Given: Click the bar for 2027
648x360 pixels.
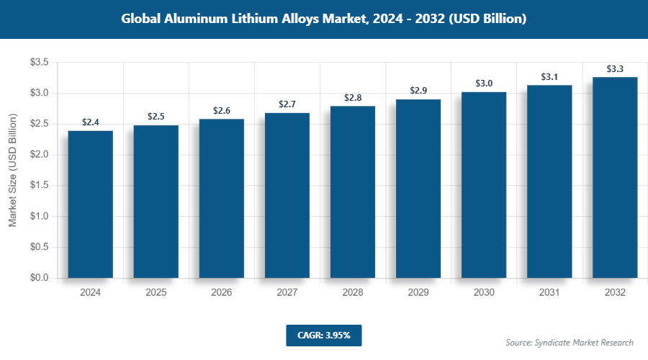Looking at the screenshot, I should (287, 195).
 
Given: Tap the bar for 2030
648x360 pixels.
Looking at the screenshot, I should (484, 184).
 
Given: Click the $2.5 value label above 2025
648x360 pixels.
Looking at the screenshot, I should (156, 116).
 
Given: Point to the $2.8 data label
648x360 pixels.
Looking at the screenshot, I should (353, 97).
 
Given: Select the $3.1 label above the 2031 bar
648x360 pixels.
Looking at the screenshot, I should (549, 76).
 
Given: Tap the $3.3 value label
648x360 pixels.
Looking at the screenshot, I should (615, 68).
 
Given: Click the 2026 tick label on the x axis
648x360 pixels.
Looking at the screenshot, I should (222, 292).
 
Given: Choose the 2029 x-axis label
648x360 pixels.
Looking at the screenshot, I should (418, 292).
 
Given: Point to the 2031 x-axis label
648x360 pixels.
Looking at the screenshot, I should (549, 292).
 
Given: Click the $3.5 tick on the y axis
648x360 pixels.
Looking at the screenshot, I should (39, 63).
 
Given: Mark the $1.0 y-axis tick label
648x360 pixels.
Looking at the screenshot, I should (39, 216).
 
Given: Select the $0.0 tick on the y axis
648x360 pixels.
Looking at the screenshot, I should (39, 278).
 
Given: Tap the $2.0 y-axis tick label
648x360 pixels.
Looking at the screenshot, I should (39, 155).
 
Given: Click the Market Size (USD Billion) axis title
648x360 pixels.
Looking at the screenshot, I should (12, 170).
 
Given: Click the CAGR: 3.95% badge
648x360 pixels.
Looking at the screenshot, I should (323, 335).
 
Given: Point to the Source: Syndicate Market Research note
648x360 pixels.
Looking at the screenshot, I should (570, 342).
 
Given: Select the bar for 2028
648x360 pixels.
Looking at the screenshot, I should (353, 192).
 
